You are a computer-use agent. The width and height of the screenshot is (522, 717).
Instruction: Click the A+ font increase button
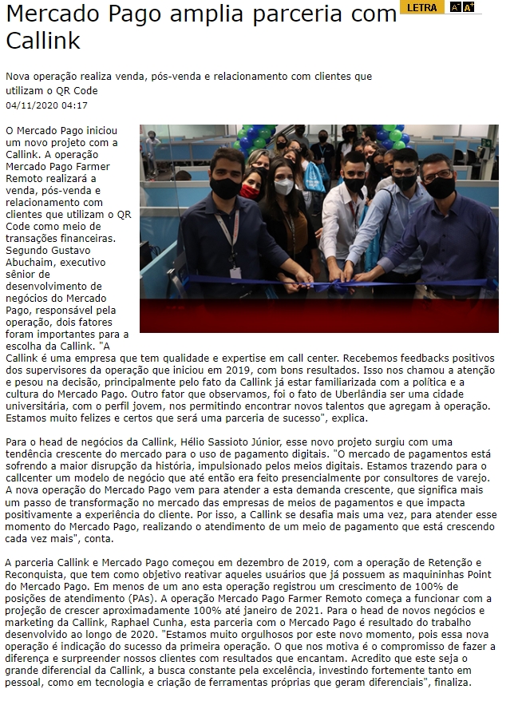(x=469, y=7)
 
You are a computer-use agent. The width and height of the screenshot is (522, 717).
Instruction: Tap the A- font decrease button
(x=455, y=7)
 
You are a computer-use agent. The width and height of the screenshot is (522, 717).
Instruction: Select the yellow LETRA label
(x=421, y=7)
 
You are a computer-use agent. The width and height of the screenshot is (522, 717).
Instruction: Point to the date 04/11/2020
(x=31, y=105)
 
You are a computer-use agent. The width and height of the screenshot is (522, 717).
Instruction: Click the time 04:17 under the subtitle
(x=74, y=105)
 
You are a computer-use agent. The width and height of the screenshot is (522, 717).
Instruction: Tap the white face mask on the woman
(x=283, y=187)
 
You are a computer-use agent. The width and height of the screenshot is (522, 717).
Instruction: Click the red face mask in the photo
(x=250, y=192)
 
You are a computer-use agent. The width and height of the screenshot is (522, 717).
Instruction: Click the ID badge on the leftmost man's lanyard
(x=235, y=272)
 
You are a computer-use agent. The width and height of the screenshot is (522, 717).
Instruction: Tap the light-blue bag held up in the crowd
(x=314, y=172)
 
